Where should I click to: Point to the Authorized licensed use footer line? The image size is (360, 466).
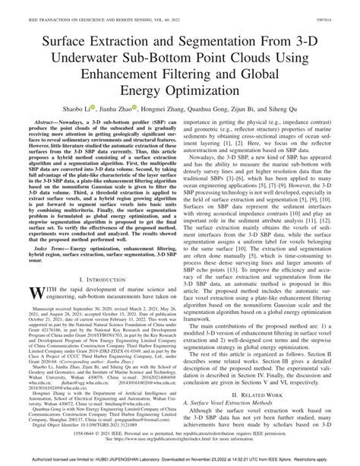pos(179,459)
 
